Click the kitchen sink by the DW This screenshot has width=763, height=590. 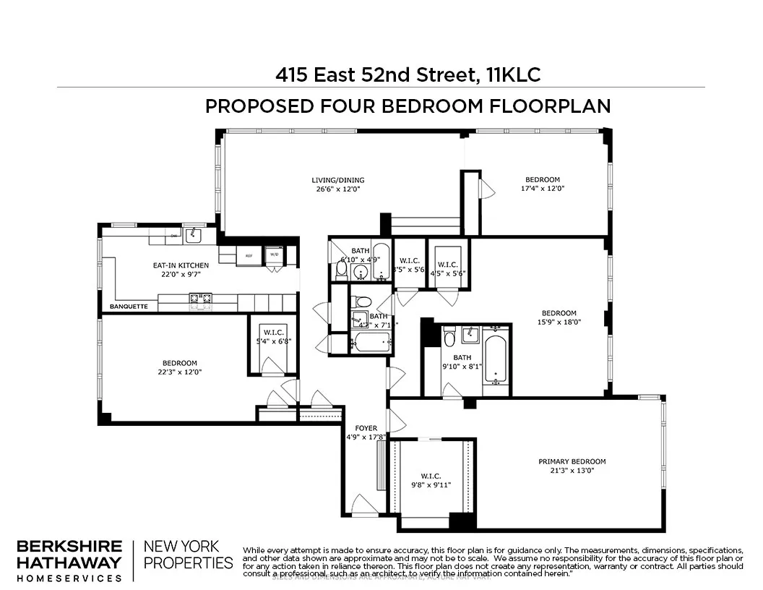point(193,234)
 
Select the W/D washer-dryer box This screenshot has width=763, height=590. point(274,255)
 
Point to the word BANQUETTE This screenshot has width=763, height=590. point(129,307)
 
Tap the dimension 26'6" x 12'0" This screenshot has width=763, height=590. point(337,189)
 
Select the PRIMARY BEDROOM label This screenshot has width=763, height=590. point(572,461)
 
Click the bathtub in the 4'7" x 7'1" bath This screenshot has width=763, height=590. point(373,341)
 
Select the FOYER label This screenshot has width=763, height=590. point(365,427)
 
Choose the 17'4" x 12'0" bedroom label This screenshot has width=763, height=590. point(542,184)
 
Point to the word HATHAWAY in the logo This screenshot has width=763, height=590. point(69,563)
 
